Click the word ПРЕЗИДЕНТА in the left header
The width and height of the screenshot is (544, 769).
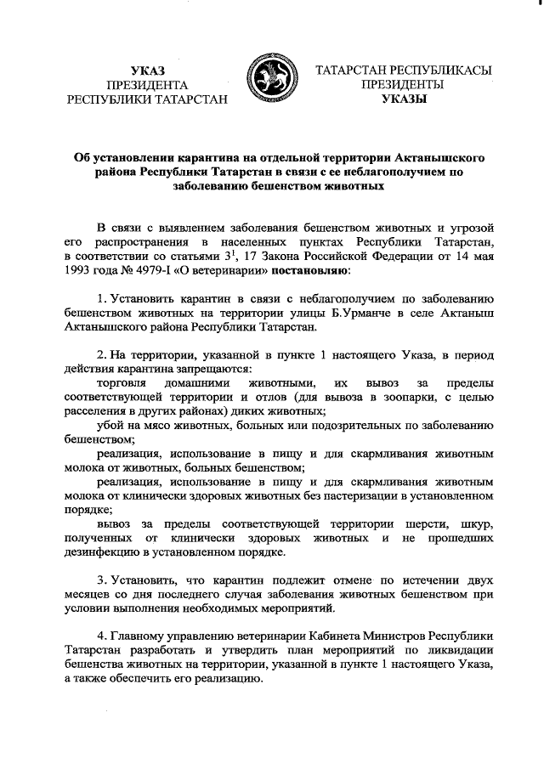pos(149,84)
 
